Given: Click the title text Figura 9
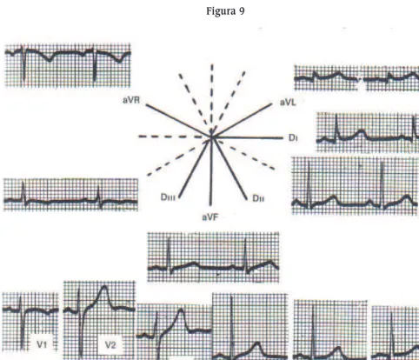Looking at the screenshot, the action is click(225, 11).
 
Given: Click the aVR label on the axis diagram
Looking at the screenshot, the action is click(131, 100).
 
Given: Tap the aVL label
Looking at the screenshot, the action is click(288, 103).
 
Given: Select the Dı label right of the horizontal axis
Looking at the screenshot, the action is click(293, 138).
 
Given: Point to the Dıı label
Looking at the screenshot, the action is click(258, 198).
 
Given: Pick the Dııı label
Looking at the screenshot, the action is click(168, 197).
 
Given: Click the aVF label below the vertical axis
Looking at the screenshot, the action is click(210, 217).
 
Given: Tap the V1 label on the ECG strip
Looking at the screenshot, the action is click(42, 344).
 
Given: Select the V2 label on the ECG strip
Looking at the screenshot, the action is click(110, 345).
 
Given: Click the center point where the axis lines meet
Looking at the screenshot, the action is click(211, 137).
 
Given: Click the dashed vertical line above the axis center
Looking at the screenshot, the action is click(212, 97).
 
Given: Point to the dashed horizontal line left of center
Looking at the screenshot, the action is click(171, 137).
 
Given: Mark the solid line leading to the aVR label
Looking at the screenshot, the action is click(178, 121).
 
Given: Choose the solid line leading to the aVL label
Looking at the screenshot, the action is click(243, 120).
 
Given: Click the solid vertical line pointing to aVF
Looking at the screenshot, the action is click(211, 171).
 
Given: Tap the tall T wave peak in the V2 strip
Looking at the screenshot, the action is click(104, 287).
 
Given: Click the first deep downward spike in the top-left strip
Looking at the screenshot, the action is click(23, 65).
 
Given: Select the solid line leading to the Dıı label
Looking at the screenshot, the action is click(229, 168).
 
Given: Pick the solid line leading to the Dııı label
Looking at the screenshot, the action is click(194, 168).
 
